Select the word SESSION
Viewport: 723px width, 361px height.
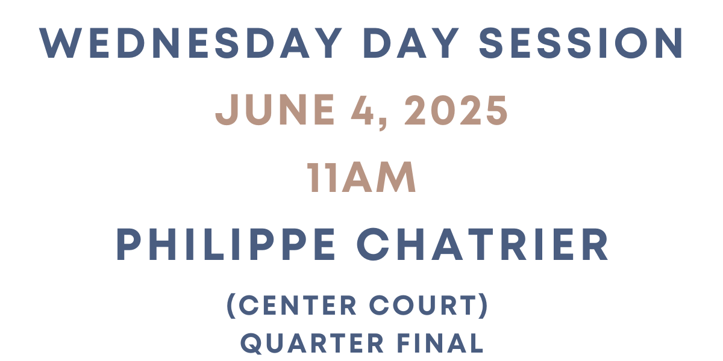(x=593, y=43)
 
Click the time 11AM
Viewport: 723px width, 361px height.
(x=361, y=178)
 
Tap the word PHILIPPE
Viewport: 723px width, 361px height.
(x=227, y=245)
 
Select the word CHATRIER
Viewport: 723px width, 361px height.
(x=483, y=245)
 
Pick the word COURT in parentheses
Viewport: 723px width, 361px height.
(x=425, y=306)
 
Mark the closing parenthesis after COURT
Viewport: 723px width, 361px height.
(x=483, y=306)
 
